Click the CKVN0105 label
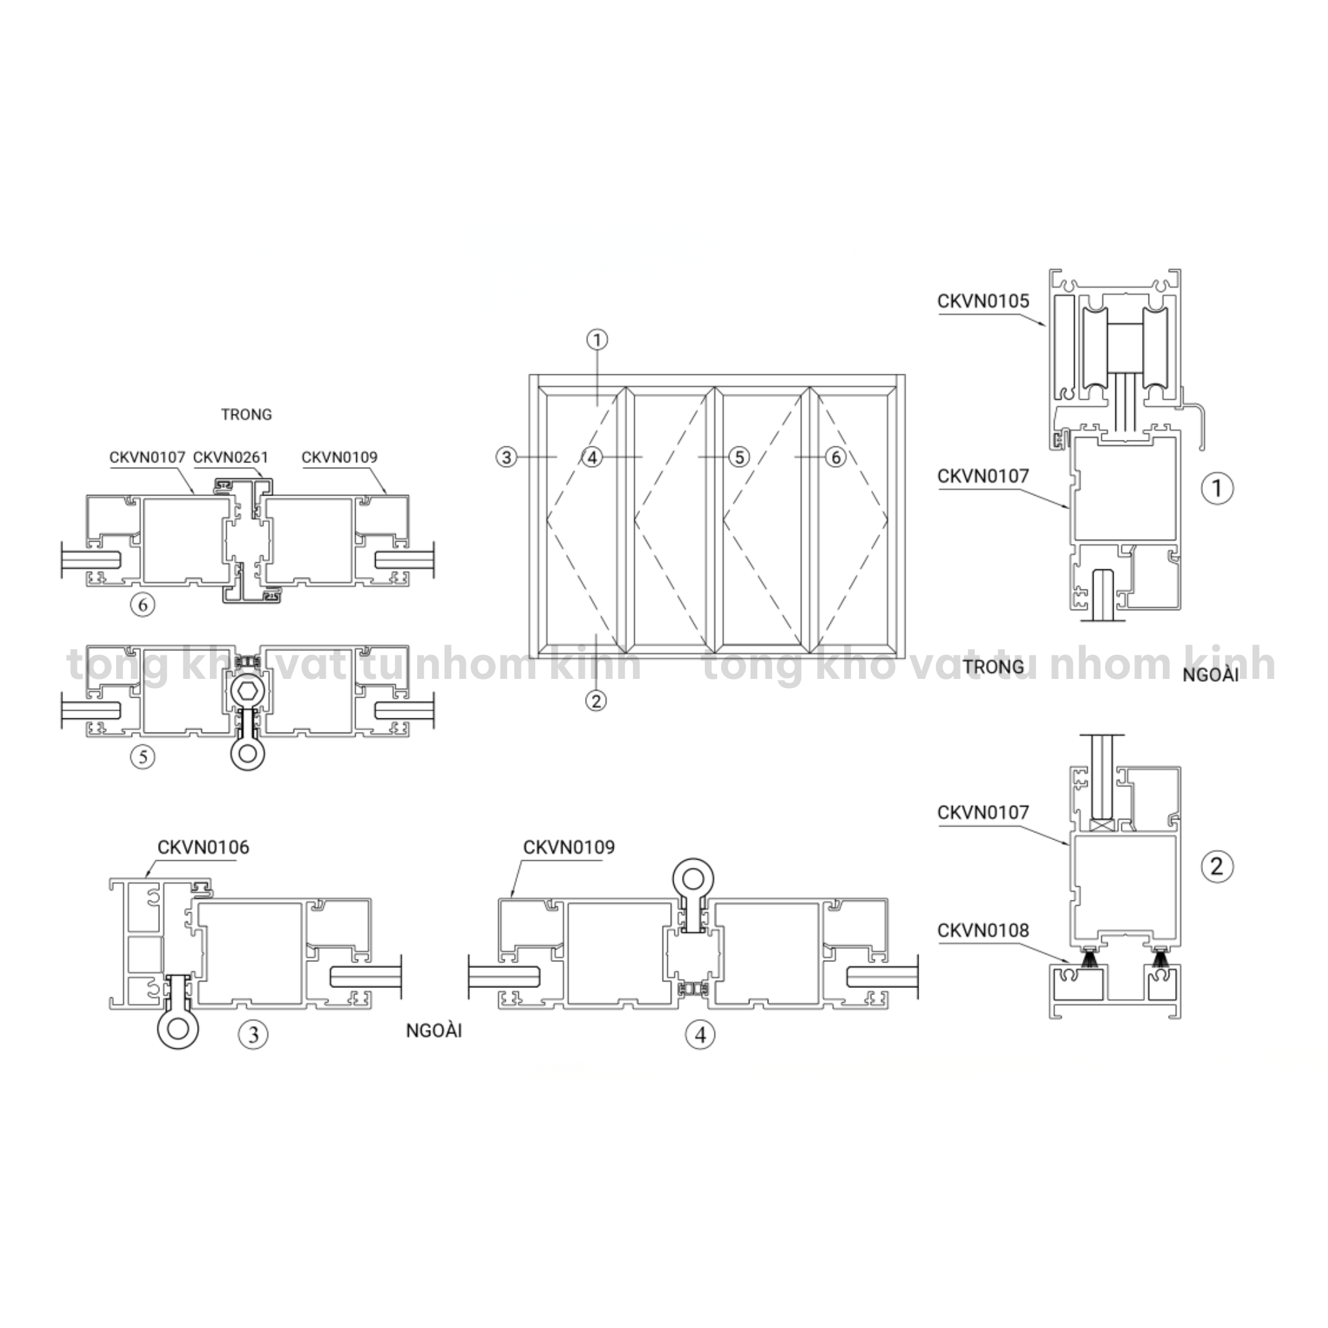[983, 301]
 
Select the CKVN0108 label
[983, 931]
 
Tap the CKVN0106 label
[203, 847]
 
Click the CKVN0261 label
[231, 457]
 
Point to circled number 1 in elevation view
[597, 339]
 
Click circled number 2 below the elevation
[596, 701]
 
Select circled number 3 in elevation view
[507, 457]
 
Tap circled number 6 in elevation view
[835, 457]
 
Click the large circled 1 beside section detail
[1217, 488]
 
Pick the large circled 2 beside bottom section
[1217, 866]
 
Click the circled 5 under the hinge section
[143, 757]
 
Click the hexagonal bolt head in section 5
[246, 690]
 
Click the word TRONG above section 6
[246, 415]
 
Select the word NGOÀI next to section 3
[434, 1031]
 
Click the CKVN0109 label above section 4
[569, 847]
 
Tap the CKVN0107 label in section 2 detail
[983, 812]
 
